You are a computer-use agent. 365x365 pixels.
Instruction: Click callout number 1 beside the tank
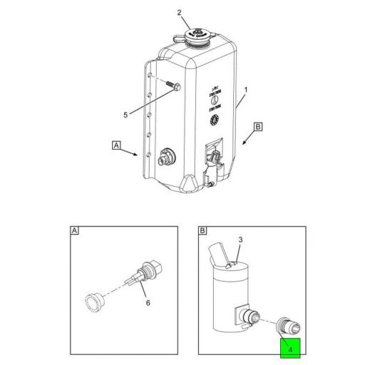pyautogui.click(x=247, y=91)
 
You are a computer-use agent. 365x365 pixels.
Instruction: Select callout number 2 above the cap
pyautogui.click(x=180, y=13)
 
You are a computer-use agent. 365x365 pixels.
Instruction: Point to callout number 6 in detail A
pyautogui.click(x=148, y=303)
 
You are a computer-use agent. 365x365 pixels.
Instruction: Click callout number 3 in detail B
pyautogui.click(x=240, y=241)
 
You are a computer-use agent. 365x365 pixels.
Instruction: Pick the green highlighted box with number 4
pyautogui.click(x=291, y=347)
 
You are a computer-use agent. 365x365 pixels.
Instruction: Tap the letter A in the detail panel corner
pyautogui.click(x=74, y=231)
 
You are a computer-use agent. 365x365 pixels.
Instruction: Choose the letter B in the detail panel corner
pyautogui.click(x=202, y=231)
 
